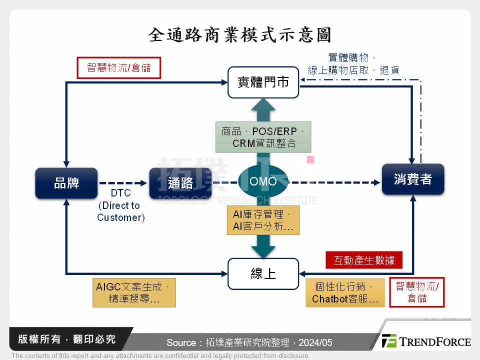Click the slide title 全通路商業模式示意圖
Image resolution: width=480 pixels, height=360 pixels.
pos(240,35)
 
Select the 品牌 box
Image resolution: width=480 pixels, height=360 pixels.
pos(66,183)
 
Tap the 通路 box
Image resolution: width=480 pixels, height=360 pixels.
pos(180,183)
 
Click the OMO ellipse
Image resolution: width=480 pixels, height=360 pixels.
pos(263,181)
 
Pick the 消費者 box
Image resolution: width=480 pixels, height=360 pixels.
pos(412,179)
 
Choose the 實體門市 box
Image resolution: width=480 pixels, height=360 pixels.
pos(263,82)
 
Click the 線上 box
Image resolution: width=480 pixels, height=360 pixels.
pos(263,273)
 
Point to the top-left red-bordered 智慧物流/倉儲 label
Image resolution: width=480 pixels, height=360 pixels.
pos(119,68)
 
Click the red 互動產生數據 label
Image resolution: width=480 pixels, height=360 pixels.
pos(364,260)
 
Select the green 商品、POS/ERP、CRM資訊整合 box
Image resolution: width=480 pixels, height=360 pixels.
pos(263,137)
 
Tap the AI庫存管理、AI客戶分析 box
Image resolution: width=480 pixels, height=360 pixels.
pos(263,220)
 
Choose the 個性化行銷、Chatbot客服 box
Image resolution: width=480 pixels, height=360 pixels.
pos(345,293)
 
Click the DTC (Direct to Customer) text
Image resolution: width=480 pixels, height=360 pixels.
pos(120,205)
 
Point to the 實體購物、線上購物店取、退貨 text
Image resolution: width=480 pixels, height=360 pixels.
pos(353,64)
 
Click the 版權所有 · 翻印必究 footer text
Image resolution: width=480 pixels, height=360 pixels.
pos(66,339)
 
